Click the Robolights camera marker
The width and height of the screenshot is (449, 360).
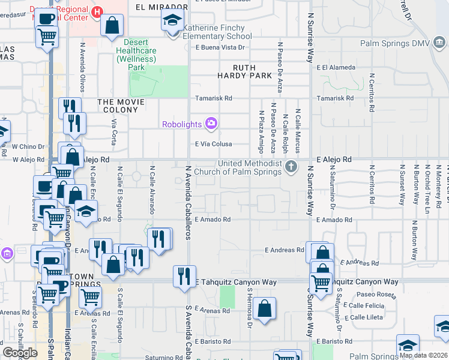click(x=211, y=124)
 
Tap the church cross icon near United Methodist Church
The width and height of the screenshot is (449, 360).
click(x=291, y=167)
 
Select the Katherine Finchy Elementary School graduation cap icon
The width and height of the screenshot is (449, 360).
click(x=172, y=22)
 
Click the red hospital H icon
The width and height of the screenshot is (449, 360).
click(x=97, y=11)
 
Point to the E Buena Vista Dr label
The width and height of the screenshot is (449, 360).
click(x=220, y=47)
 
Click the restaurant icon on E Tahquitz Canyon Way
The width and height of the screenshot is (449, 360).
click(x=184, y=276)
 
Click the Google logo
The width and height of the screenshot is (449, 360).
click(x=20, y=352)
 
